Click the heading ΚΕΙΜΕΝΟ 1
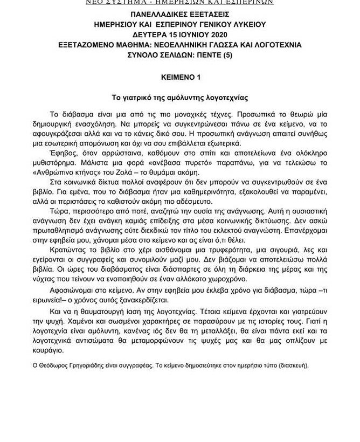tap(180, 77)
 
